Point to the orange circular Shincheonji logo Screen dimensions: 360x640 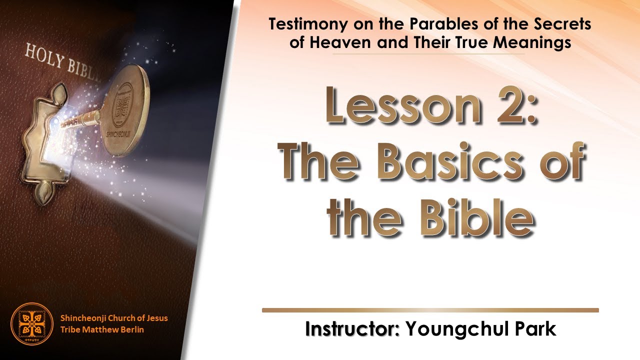(x=31, y=324)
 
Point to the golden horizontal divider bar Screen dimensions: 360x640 (x=430, y=310)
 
